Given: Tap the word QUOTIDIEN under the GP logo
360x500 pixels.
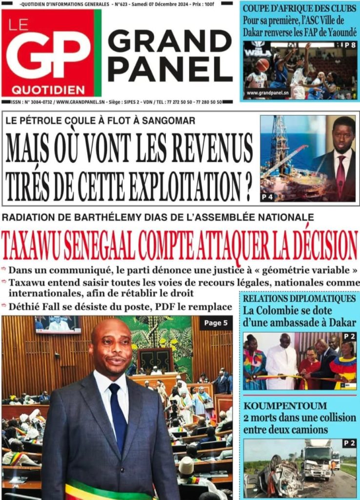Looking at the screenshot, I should click(x=48, y=90).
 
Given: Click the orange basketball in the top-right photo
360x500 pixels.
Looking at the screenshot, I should click(x=262, y=64).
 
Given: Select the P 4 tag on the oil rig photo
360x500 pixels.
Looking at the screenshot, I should click(x=267, y=197).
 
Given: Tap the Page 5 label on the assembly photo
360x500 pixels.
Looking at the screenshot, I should click(x=215, y=323).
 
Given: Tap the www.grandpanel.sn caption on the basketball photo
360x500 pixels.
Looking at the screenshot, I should click(x=268, y=92).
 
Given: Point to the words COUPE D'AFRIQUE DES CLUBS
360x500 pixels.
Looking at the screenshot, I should click(x=299, y=8).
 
